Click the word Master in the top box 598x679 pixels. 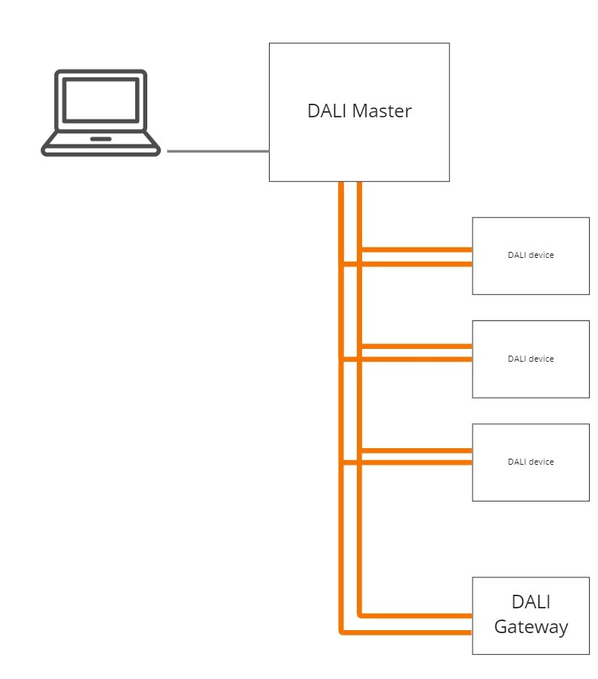coord(381,111)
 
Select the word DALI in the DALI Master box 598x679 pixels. coord(327,111)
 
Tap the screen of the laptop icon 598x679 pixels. coord(101,100)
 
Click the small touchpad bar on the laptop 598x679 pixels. coord(101,139)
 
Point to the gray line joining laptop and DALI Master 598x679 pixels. coord(218,151)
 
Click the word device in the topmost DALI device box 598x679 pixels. coord(541,255)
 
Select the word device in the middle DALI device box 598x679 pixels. coord(541,359)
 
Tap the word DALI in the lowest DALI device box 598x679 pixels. coord(517,462)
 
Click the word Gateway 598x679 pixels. coord(531,627)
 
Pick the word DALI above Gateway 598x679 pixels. coord(531,602)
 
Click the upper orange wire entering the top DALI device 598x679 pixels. coord(416,250)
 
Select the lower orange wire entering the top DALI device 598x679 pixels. coord(406,264)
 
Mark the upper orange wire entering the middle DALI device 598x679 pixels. coord(416,346)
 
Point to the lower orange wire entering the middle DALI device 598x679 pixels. coord(406,359)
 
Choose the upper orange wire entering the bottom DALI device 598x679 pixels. coord(416,450)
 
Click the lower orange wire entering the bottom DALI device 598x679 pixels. coord(406,462)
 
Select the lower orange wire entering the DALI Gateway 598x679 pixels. coord(406,632)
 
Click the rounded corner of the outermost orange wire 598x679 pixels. coord(342,632)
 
